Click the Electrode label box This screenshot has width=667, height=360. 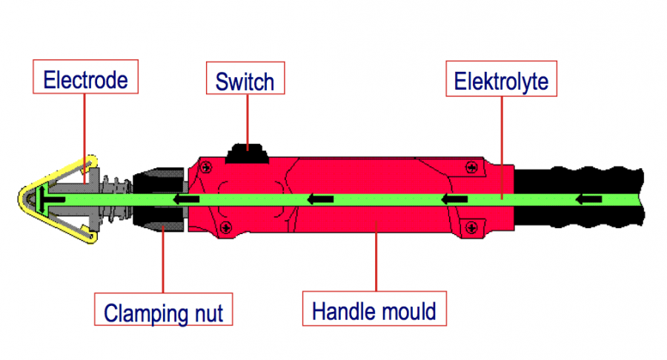(x=85, y=76)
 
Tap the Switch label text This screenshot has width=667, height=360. (x=245, y=81)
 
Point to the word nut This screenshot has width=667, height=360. (x=209, y=314)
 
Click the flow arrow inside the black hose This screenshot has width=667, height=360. (x=588, y=199)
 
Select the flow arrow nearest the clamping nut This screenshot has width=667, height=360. (x=186, y=199)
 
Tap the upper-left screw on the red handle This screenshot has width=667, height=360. (x=206, y=167)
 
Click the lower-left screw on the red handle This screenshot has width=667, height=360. (x=226, y=228)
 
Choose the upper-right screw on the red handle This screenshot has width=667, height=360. (x=471, y=167)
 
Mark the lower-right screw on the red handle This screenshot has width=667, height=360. (x=471, y=228)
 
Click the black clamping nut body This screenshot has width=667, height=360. (x=159, y=199)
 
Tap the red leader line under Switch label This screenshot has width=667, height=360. (x=248, y=122)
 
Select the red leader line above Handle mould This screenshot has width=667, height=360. (x=376, y=256)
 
